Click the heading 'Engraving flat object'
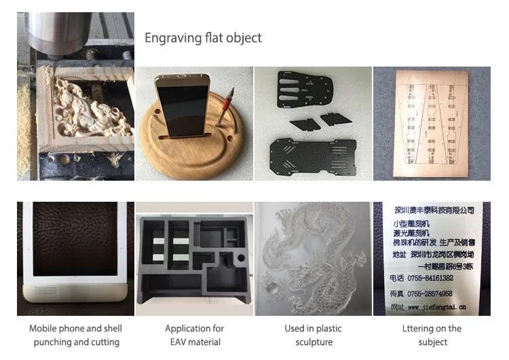[x=203, y=38]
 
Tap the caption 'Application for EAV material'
[x=195, y=336]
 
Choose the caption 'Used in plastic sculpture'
[x=313, y=336]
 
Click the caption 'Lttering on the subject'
[x=432, y=336]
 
